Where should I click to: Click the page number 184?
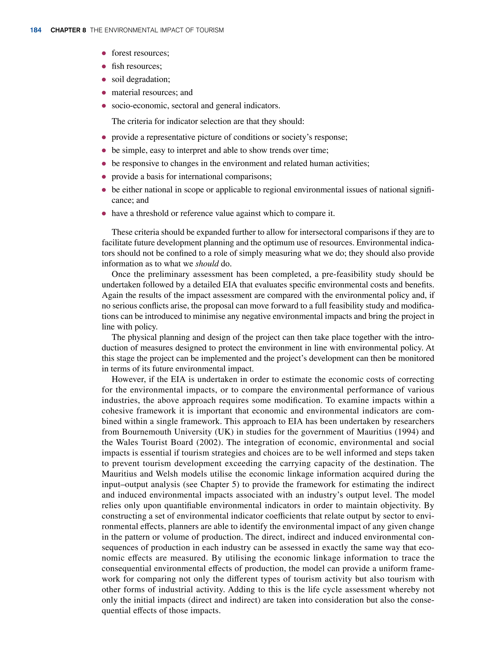pos(35,30)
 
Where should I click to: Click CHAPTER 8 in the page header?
pos(68,30)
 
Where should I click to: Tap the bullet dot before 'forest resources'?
pos(104,53)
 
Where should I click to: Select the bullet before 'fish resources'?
pos(104,66)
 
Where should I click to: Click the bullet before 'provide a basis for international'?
pos(104,177)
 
